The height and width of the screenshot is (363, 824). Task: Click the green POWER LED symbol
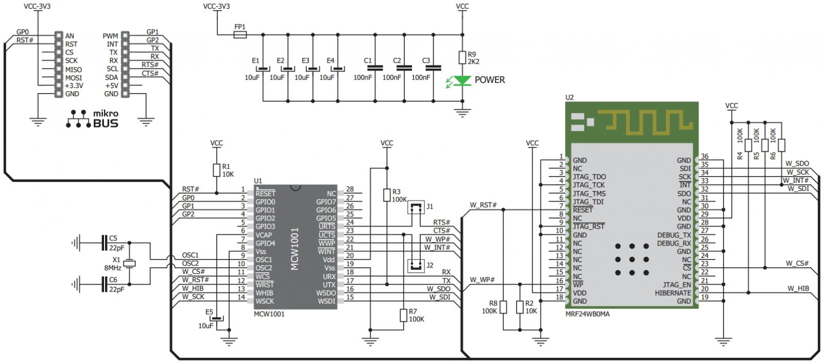(462, 80)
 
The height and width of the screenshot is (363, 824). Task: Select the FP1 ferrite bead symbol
(240, 35)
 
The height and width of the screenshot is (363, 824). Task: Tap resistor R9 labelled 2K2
(462, 57)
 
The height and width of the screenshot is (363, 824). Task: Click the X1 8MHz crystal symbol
(129, 263)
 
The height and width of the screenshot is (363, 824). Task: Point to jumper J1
(416, 208)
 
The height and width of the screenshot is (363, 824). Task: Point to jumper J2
(416, 265)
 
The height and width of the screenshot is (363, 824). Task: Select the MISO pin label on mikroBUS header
(74, 70)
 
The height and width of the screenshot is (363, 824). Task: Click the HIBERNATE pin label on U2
(673, 293)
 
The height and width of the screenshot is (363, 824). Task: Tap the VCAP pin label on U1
(264, 235)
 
